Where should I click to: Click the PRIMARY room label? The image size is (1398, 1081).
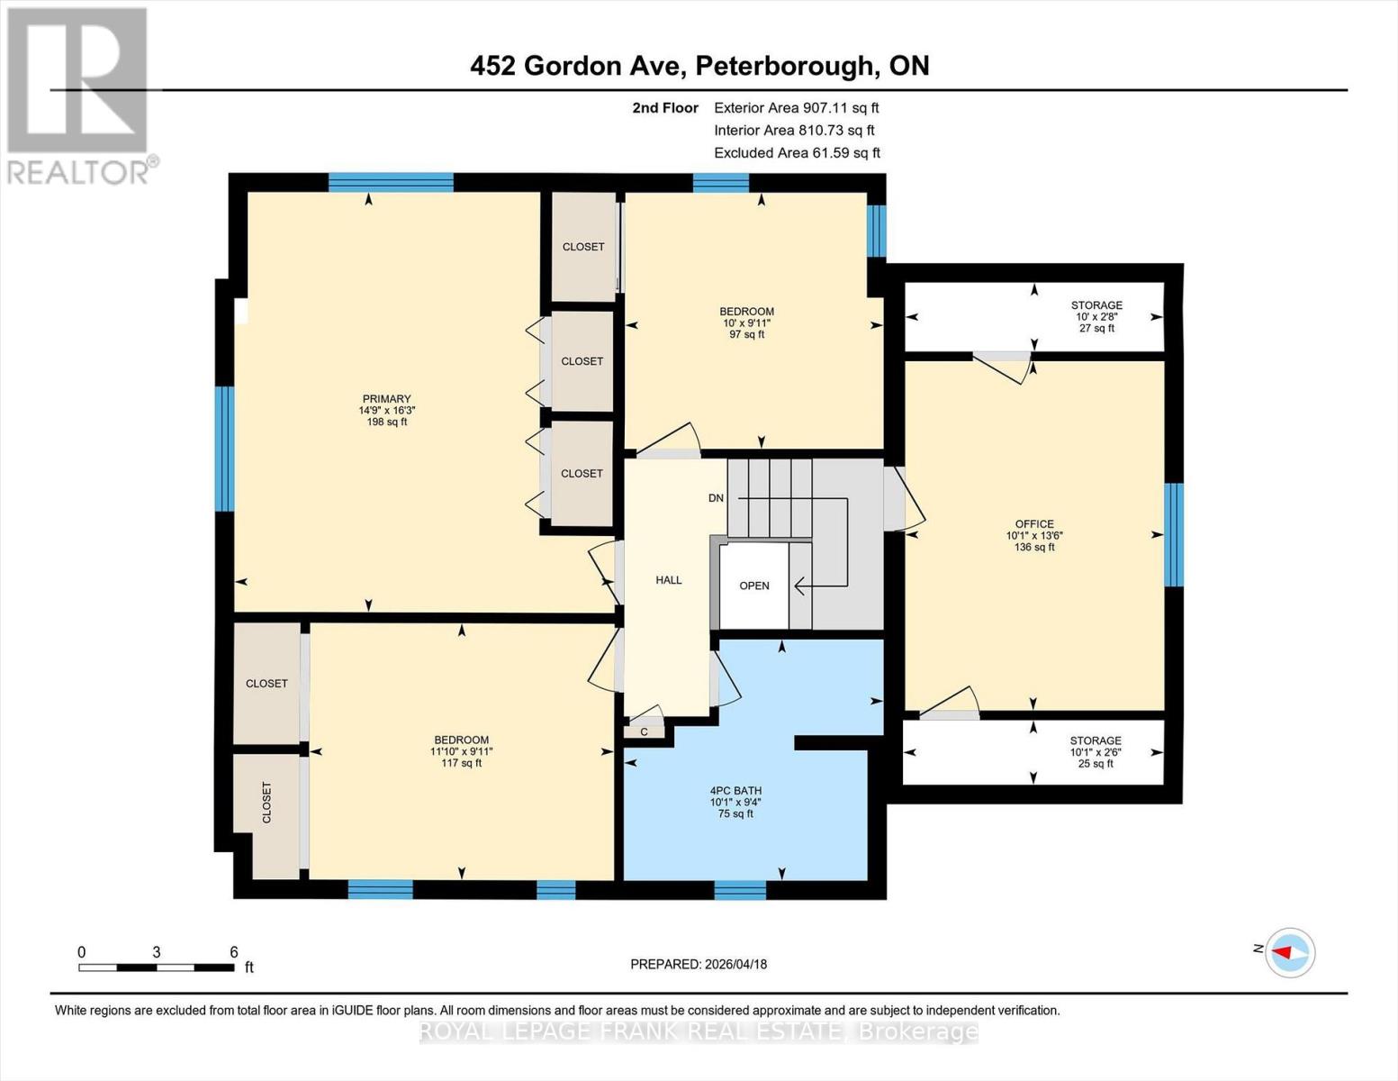point(386,399)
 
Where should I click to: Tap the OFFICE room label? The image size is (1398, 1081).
point(1034,524)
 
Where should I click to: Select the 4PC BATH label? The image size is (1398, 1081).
point(735,791)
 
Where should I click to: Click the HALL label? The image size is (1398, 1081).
point(669,580)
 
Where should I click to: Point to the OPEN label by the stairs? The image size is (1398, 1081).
point(754,586)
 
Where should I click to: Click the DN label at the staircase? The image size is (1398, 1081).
point(716,498)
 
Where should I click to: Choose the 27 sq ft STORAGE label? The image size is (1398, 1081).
point(1096,305)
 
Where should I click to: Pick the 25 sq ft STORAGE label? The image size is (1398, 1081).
point(1096,740)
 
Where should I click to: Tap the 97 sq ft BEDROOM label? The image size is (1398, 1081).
point(747,312)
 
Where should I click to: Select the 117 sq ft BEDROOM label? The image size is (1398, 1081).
point(461,740)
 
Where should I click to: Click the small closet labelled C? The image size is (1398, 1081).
point(645,731)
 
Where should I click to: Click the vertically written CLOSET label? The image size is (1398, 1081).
point(266,803)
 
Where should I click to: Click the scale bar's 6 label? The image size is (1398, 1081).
point(234,952)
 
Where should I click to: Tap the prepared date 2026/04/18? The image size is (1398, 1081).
point(699,964)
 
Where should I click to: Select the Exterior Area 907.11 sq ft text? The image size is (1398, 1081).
point(796,107)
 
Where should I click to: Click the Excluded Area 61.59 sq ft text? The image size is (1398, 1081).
point(797,153)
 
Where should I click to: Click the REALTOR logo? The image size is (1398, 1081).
point(79,95)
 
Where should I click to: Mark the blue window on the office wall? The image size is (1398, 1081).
point(1174,535)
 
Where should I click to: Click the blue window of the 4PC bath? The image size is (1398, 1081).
point(740,890)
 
